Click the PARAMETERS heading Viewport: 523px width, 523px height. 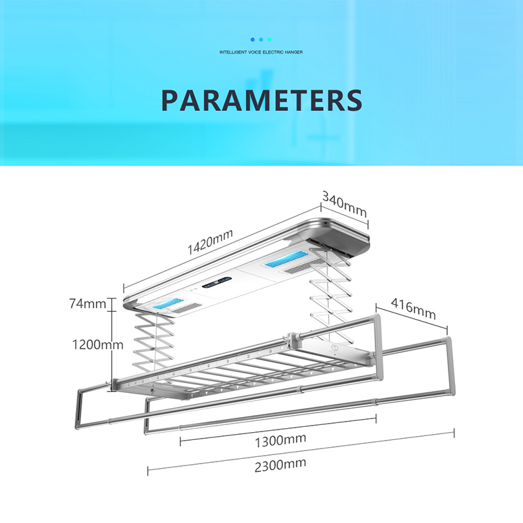(x=261, y=100)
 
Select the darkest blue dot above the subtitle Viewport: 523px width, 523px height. (x=252, y=39)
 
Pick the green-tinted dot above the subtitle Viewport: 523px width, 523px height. (x=269, y=39)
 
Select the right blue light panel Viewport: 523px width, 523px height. (x=285, y=263)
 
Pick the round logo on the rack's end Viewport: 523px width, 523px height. (x=334, y=349)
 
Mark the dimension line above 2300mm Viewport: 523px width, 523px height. (x=301, y=450)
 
